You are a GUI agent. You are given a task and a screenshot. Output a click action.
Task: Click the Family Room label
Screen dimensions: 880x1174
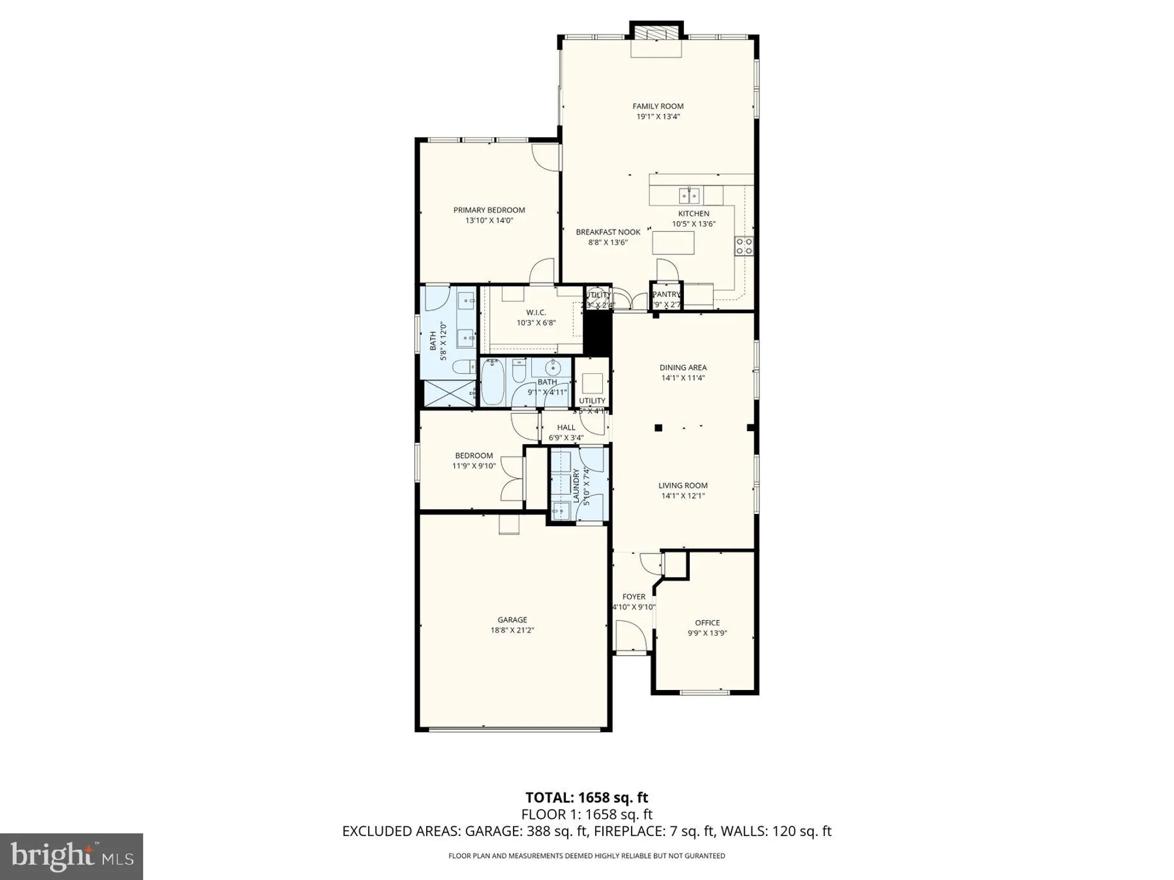tap(657, 106)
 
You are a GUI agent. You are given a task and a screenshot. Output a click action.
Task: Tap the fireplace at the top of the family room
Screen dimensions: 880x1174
tap(657, 33)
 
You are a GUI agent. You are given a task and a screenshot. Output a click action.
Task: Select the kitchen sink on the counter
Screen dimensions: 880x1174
tap(691, 195)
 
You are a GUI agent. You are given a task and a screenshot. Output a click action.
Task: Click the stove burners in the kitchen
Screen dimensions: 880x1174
tap(744, 246)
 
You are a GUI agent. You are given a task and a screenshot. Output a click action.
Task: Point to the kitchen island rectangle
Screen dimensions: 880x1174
tap(673, 243)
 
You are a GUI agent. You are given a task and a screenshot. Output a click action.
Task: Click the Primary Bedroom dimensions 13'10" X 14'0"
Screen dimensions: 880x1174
tap(489, 221)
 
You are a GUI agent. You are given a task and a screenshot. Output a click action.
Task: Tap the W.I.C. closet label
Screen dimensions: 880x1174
tap(535, 313)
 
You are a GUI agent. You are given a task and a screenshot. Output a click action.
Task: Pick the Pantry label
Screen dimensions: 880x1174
tap(666, 295)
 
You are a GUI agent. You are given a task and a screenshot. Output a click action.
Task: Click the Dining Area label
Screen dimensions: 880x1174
tap(683, 368)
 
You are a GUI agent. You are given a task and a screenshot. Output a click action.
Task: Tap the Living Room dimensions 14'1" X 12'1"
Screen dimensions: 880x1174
tap(683, 496)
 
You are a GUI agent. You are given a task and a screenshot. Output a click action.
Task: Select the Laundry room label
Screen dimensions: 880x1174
tap(576, 485)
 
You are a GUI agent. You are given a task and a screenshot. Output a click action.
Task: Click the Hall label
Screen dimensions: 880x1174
tap(566, 428)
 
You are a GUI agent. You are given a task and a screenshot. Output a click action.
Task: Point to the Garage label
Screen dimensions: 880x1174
tap(512, 620)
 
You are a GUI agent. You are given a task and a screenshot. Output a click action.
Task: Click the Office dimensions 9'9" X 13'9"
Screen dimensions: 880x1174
tap(707, 633)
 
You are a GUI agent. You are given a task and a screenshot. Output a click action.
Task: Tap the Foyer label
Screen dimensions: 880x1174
tap(633, 597)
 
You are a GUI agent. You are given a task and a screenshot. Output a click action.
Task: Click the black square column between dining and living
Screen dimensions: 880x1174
tap(659, 428)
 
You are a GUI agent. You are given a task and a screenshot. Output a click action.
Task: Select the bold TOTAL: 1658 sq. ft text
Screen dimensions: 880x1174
tap(586, 797)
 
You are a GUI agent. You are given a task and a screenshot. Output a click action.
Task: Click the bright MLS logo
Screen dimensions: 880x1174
tap(72, 857)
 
